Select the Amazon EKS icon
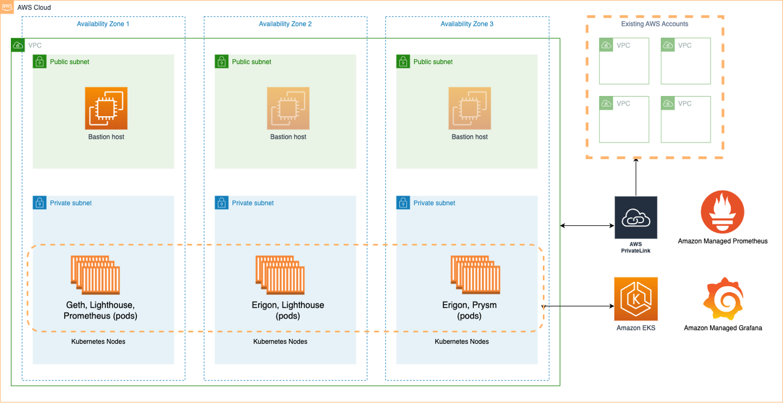[636, 299]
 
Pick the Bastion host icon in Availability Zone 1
[106, 108]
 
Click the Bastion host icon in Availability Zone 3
[469, 108]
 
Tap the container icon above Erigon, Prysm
[475, 277]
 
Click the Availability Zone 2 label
[285, 24]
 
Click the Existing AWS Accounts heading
[654, 24]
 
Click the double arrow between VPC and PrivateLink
[586, 225]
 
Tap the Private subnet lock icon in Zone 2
[221, 203]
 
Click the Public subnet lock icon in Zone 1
[39, 61]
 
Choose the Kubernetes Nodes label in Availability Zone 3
[462, 342]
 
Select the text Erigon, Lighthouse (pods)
[288, 310]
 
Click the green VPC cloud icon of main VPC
[18, 45]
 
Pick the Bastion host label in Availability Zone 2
[288, 137]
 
